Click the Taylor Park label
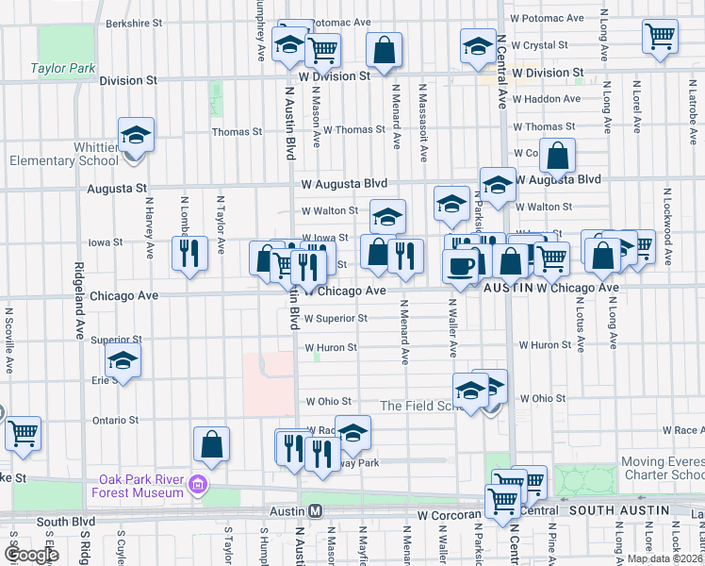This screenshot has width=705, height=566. tap(63, 68)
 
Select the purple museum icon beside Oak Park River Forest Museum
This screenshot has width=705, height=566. tap(197, 486)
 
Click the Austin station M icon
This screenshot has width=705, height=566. tap(317, 510)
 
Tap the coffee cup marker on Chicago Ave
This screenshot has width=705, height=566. tap(462, 266)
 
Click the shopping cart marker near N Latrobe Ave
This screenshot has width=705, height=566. tap(661, 37)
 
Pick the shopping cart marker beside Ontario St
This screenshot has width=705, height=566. tap(24, 434)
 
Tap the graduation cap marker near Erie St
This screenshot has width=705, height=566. tap(123, 361)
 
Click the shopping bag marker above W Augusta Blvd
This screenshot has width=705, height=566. tap(558, 157)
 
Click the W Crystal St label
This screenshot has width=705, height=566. tap(543, 45)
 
